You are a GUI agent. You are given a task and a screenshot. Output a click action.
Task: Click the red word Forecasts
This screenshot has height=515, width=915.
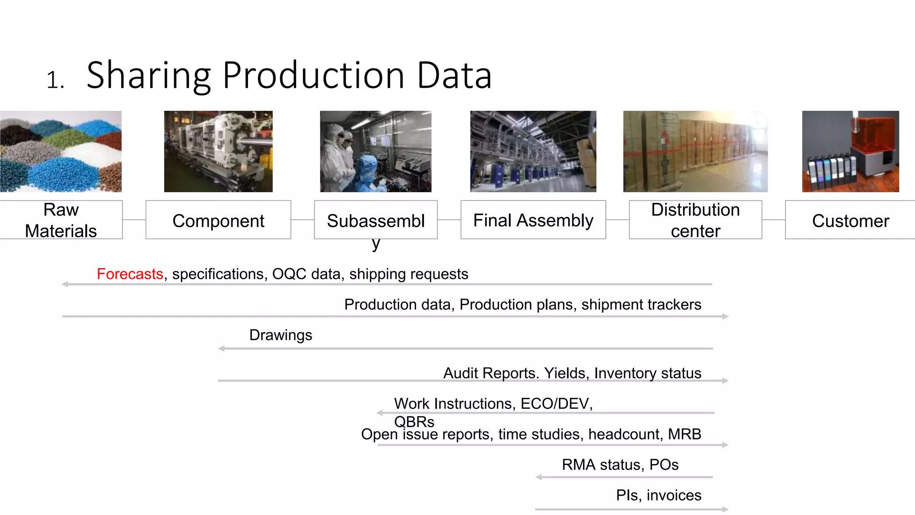[130, 274]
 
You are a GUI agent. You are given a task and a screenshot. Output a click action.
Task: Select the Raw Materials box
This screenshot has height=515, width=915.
[61, 220]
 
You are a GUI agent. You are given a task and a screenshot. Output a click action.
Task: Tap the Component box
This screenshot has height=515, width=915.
[218, 220]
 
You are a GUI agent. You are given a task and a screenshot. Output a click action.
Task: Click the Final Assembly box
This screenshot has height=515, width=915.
[533, 220]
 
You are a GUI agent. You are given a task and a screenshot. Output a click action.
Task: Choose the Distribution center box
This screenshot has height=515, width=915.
[695, 220]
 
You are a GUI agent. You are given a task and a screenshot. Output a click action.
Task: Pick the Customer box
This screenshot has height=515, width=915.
[850, 220]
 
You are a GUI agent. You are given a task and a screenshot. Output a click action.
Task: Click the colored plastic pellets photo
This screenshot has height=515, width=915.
[61, 152]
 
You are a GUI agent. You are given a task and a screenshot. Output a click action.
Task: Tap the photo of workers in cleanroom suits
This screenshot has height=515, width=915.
[375, 152]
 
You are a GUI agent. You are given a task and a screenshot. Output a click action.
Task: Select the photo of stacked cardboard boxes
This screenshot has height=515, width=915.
[695, 152]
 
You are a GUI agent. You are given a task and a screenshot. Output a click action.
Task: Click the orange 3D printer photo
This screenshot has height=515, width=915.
[850, 152]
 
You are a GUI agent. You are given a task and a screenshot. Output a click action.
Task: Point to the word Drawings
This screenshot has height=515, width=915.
[281, 335]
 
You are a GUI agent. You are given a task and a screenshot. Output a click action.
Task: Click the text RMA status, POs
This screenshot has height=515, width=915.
[620, 464]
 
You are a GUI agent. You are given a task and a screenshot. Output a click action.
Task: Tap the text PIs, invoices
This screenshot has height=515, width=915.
[659, 495]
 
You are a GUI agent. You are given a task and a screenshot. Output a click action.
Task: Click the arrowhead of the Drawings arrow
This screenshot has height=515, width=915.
[221, 349]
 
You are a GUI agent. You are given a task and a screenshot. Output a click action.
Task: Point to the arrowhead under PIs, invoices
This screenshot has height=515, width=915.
[726, 509]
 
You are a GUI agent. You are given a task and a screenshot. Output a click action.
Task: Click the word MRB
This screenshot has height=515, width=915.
[684, 434]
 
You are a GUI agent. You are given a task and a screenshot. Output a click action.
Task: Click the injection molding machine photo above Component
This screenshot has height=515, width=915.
[218, 152]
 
